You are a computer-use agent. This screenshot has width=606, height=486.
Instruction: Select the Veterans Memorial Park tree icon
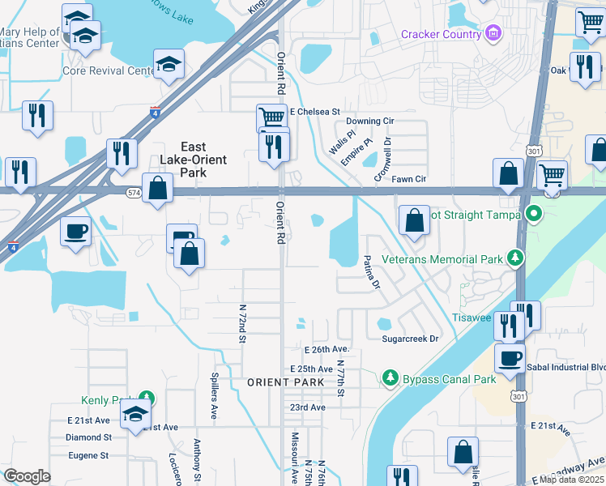514,258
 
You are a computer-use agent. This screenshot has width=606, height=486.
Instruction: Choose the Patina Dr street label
370,272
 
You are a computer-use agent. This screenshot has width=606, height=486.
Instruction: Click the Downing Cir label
369,121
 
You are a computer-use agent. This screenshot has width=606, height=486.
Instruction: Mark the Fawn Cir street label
408,179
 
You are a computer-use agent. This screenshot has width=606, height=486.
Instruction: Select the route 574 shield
134,192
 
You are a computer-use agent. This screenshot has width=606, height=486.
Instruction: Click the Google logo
27,475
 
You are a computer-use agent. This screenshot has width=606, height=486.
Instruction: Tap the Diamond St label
88,437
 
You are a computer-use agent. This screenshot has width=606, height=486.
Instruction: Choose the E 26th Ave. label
326,349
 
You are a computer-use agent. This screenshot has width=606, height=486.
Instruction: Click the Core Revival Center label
108,70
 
